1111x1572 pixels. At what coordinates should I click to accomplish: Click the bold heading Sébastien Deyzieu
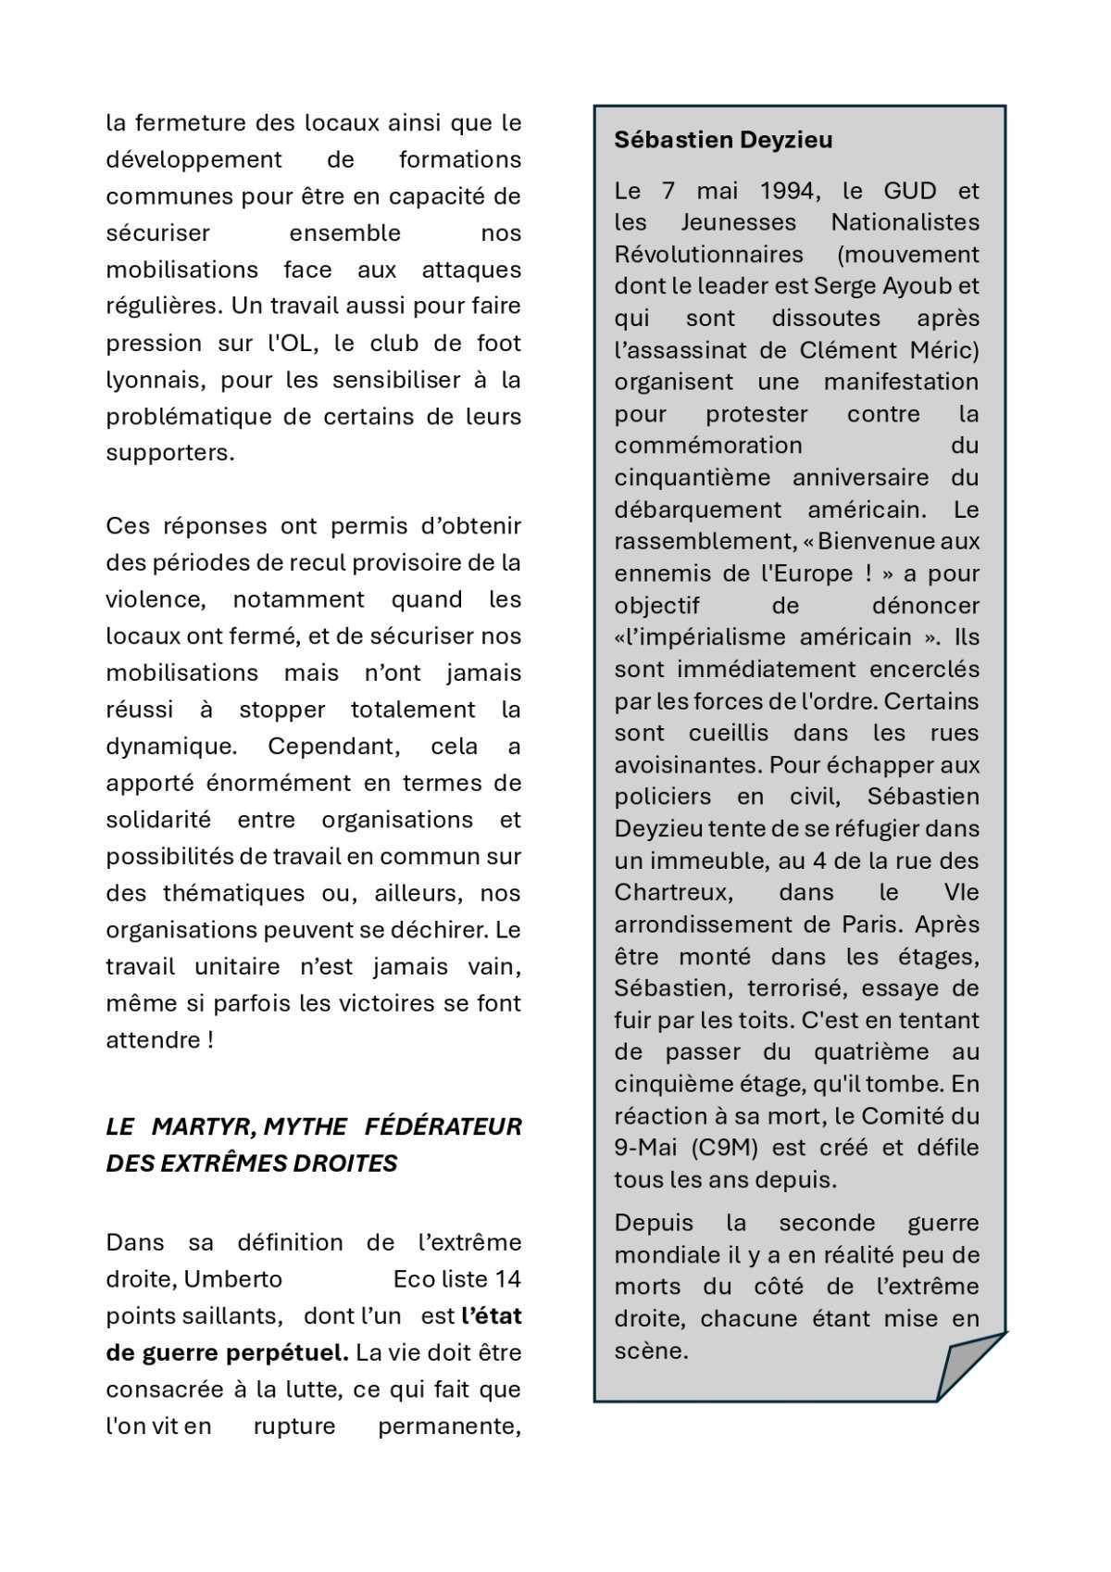(723, 140)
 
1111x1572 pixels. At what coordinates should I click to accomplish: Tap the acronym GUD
(911, 191)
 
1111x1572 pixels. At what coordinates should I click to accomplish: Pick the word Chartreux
(673, 892)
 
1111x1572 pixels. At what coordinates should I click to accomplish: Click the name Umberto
(232, 1279)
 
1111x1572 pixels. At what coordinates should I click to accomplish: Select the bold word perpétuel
(287, 1352)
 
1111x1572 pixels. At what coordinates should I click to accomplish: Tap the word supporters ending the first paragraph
(169, 453)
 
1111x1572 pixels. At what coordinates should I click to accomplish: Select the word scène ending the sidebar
(650, 1350)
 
